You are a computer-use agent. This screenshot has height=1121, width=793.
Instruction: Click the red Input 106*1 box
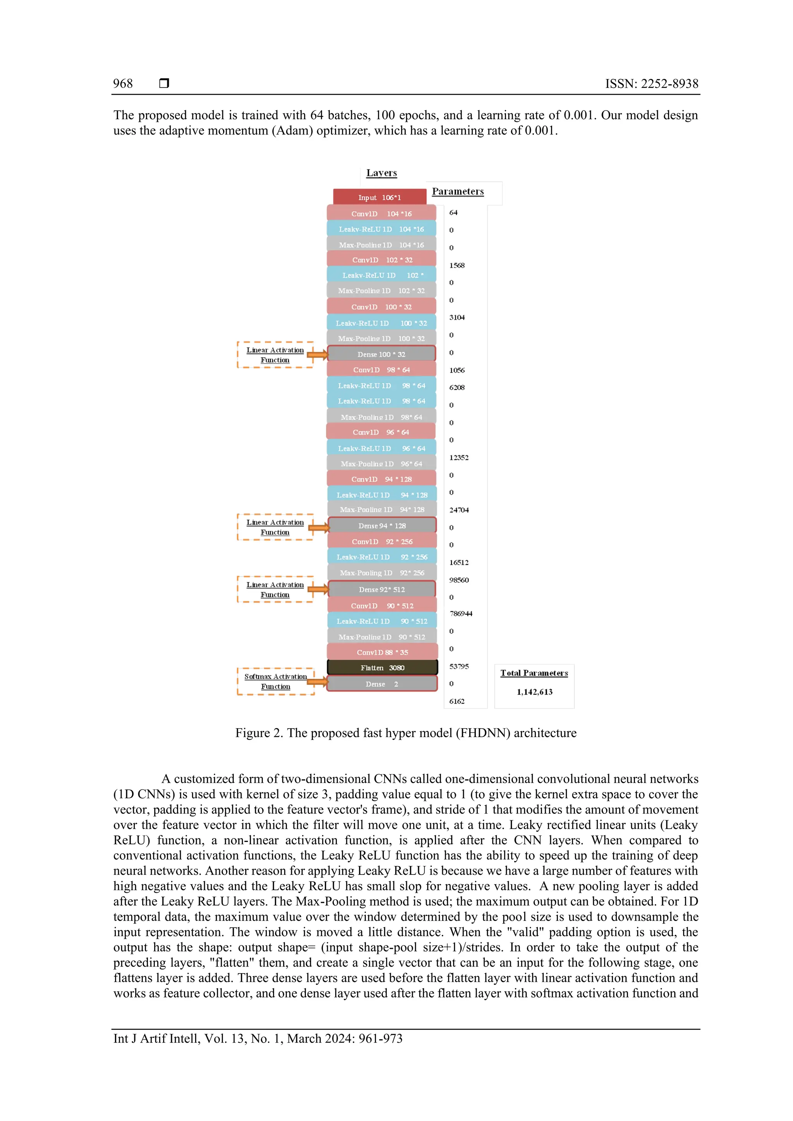click(379, 197)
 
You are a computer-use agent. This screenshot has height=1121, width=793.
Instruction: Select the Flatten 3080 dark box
click(382, 667)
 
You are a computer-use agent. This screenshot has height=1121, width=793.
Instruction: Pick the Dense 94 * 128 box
click(382, 525)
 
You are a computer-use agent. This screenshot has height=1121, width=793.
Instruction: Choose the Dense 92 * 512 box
click(382, 589)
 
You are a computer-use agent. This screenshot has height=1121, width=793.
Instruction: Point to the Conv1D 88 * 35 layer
click(382, 652)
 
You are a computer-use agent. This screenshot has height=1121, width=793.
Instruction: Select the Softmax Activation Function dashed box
click(276, 681)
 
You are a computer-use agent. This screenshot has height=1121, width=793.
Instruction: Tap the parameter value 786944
click(461, 613)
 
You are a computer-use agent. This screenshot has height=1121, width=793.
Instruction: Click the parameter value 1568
click(457, 265)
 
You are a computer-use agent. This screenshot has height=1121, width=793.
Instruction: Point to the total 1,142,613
click(534, 691)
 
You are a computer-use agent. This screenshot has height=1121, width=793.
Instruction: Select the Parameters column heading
click(458, 192)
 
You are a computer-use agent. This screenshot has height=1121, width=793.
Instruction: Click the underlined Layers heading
click(382, 173)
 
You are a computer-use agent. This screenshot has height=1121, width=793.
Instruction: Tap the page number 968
click(123, 84)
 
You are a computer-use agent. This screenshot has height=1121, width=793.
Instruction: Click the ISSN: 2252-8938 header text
click(651, 84)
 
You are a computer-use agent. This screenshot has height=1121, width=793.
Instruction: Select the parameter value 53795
click(459, 666)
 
